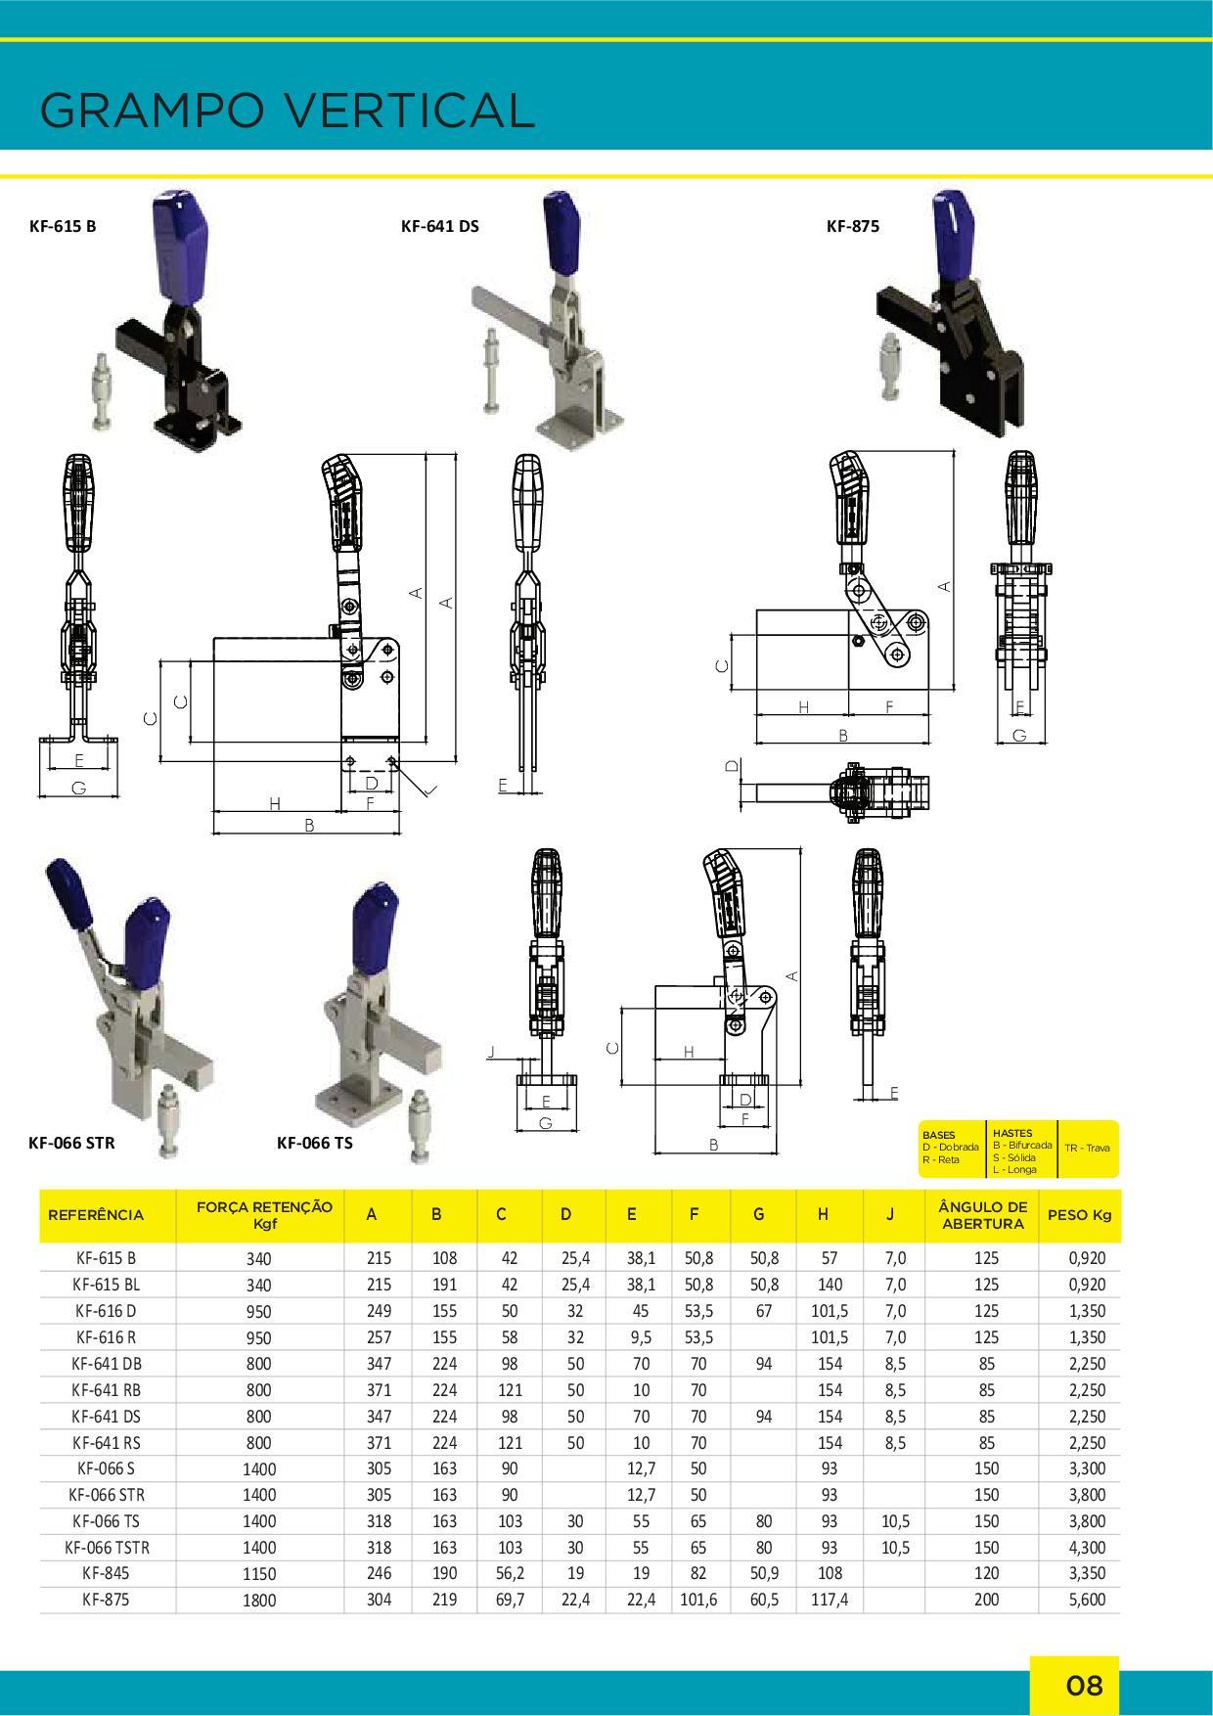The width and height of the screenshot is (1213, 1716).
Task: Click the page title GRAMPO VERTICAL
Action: click(288, 111)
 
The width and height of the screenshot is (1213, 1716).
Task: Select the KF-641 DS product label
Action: click(440, 226)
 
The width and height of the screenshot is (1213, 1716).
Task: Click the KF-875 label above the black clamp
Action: click(853, 226)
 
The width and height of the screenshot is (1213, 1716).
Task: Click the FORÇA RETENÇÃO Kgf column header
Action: click(264, 1214)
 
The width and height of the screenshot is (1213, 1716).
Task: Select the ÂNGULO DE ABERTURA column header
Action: click(982, 1214)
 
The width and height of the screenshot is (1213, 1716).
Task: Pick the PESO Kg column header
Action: click(1080, 1215)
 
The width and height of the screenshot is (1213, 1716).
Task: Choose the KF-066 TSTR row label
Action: click(107, 1548)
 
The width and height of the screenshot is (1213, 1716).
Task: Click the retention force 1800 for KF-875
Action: click(260, 1602)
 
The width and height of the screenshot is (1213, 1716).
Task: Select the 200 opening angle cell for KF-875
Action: click(986, 1601)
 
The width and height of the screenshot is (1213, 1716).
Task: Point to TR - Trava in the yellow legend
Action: click(1089, 1148)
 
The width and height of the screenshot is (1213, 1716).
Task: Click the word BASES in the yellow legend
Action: click(938, 1136)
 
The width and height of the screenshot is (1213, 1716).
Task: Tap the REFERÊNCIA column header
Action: click(96, 1215)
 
